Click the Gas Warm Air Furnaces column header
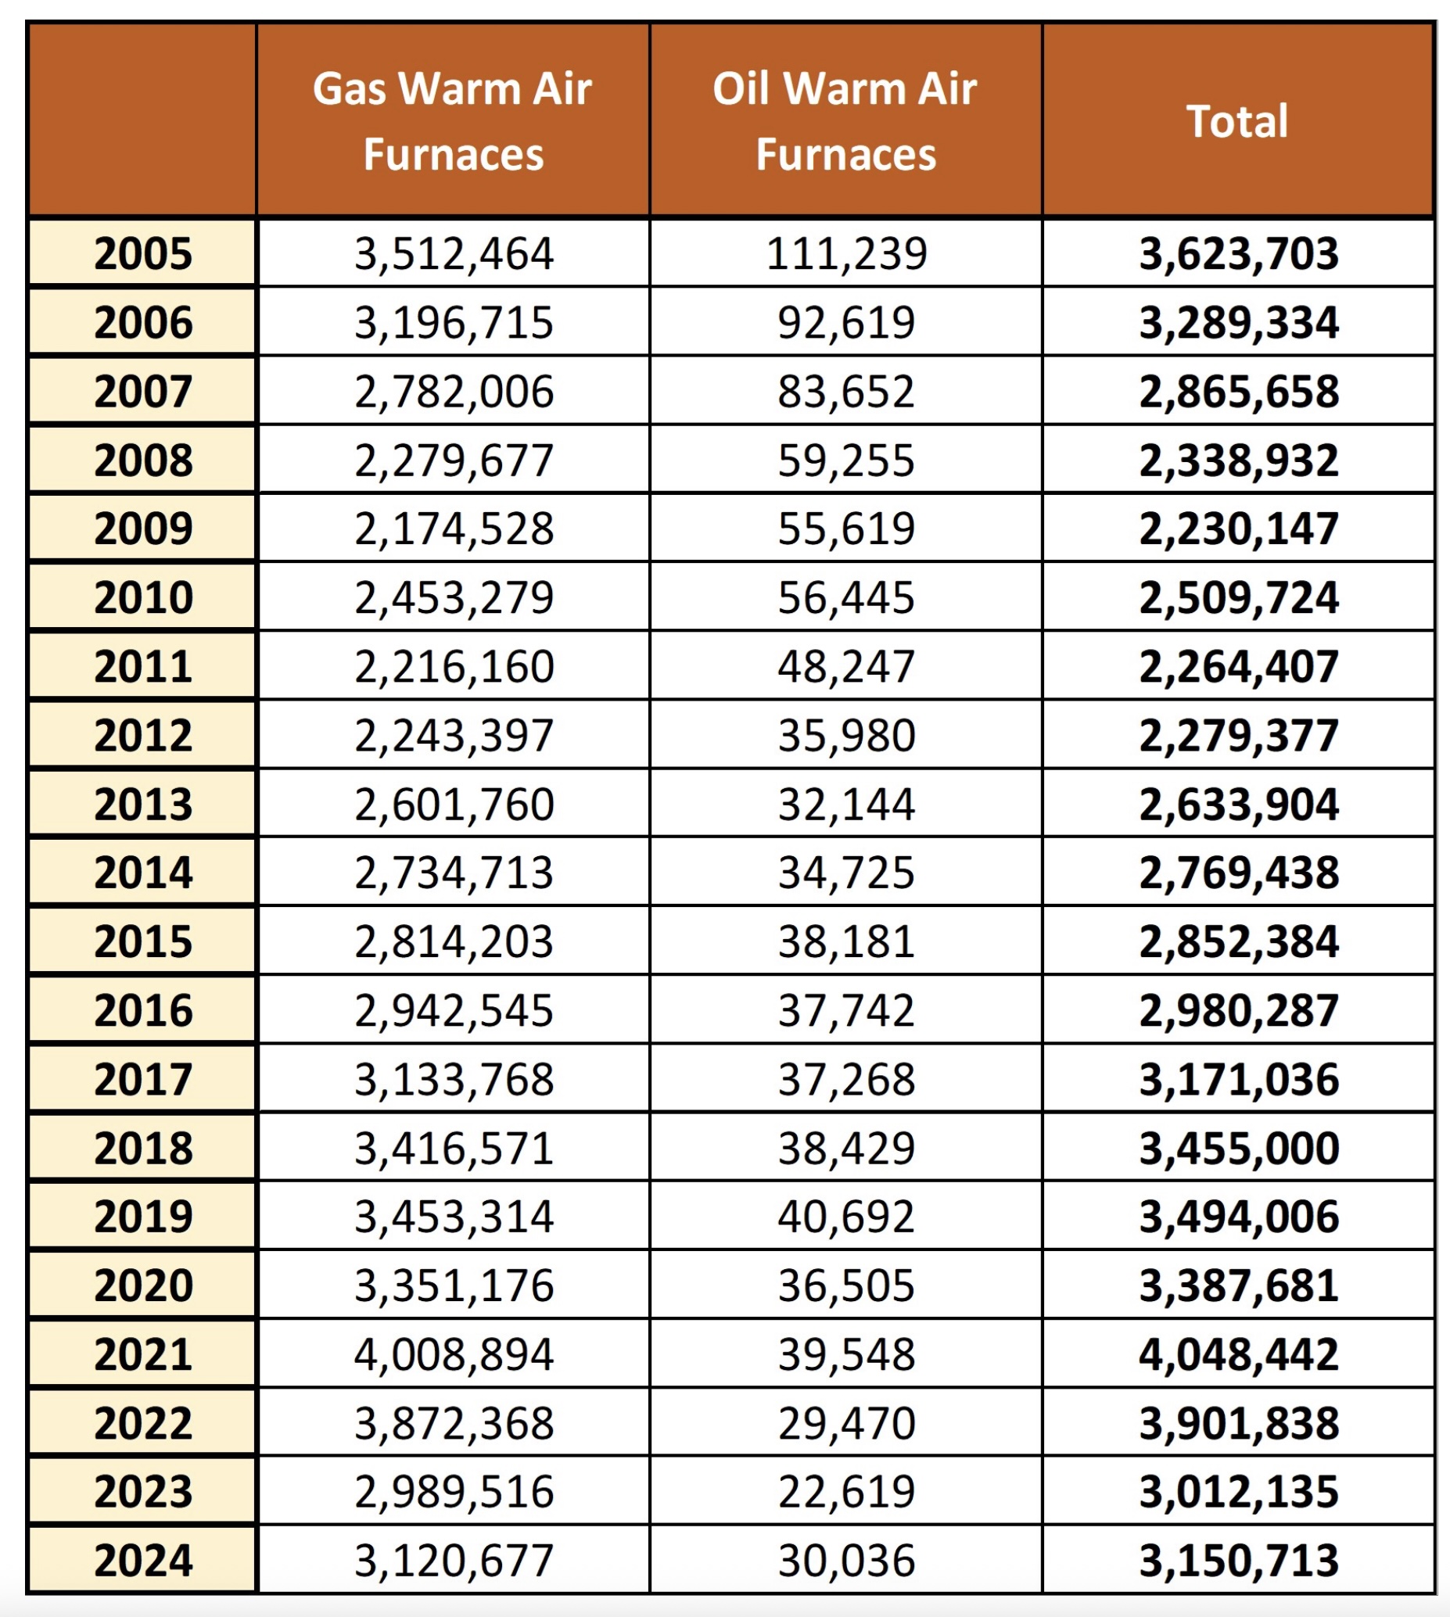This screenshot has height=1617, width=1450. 453,120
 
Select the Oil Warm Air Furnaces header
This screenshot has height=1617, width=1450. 845,120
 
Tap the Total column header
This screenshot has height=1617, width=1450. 1237,121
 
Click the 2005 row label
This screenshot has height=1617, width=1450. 143,254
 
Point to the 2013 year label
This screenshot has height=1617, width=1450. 143,805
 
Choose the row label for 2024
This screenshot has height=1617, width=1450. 143,1561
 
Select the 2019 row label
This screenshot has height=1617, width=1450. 143,1217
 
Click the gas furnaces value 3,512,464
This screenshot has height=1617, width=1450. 454,254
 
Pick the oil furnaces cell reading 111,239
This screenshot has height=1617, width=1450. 846,254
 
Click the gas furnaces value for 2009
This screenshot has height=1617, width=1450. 454,529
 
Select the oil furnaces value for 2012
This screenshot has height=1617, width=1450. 846,735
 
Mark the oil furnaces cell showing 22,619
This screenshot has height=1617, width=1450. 846,1492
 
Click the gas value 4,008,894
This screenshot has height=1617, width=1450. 454,1354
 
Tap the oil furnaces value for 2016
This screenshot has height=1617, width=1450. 846,1011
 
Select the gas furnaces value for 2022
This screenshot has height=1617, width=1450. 454,1423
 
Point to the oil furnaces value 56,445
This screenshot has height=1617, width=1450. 846,597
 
